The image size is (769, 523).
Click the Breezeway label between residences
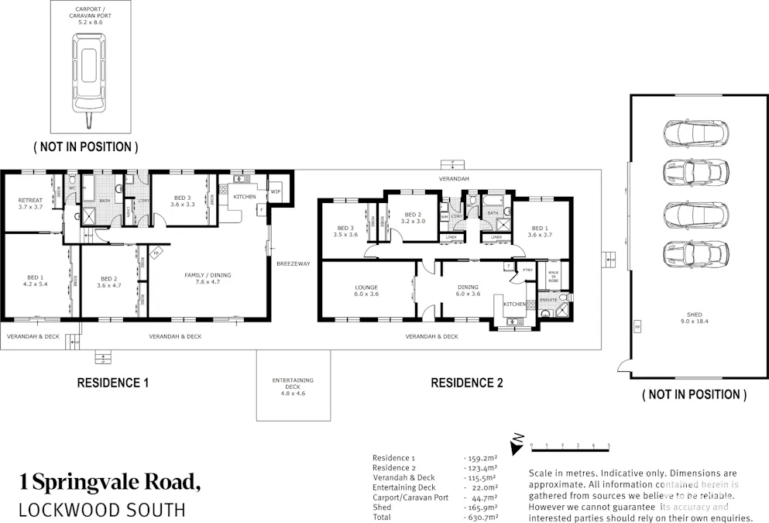[x=293, y=263]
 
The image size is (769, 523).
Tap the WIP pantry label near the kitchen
[x=275, y=191]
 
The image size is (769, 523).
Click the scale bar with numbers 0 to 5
[x=570, y=446]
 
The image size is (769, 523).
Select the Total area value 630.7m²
[x=481, y=517]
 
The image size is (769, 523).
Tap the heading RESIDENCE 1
[x=112, y=383]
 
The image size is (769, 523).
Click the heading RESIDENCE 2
[x=466, y=383]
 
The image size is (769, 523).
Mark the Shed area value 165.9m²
[x=481, y=508]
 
